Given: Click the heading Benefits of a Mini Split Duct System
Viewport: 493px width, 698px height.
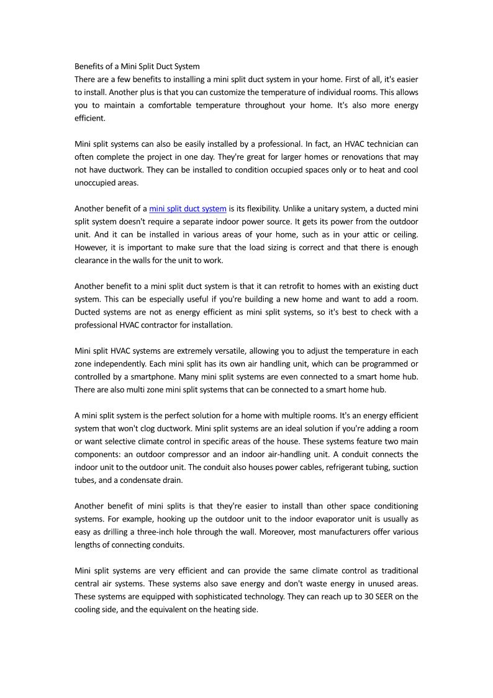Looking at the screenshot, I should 137,66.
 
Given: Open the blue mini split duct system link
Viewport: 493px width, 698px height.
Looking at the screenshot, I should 188,208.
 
